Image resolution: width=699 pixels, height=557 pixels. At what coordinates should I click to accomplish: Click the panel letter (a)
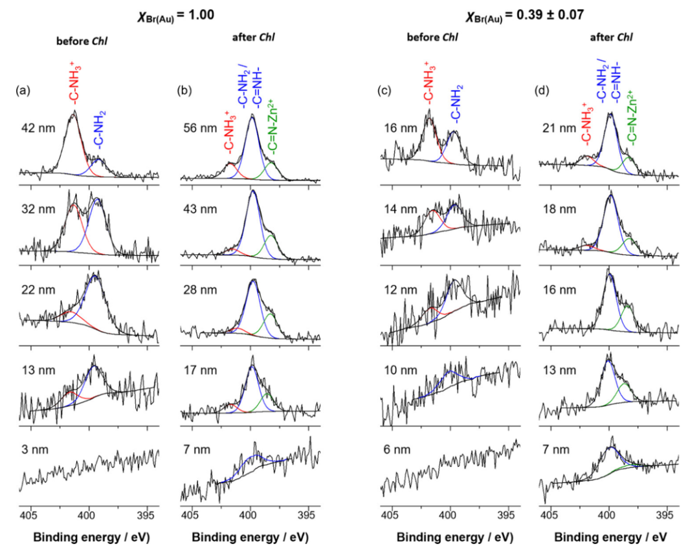tap(22, 91)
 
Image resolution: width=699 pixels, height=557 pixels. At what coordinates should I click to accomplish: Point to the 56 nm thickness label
tap(195, 127)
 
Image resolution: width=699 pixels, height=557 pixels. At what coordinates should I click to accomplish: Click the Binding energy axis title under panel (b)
tap(250, 538)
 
